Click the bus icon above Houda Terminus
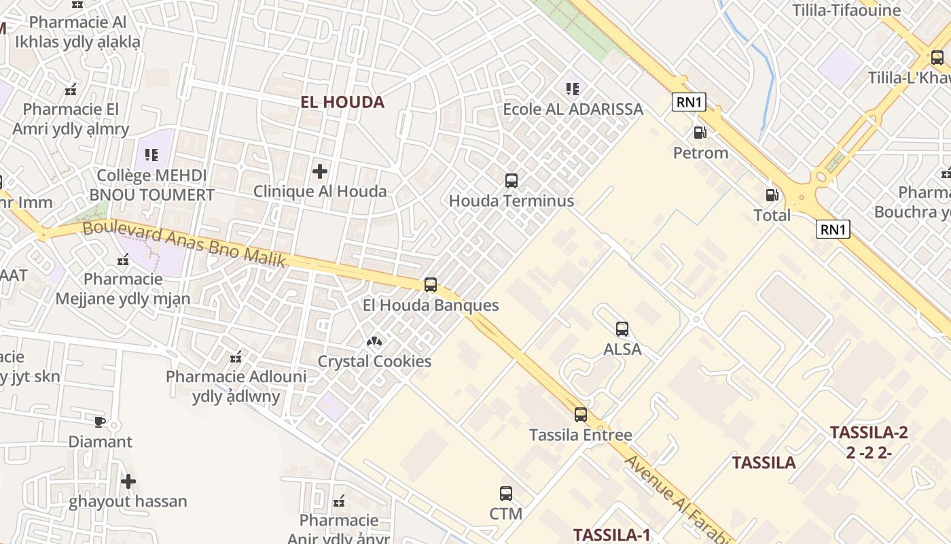click(x=512, y=181)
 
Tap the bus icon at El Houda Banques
click(x=431, y=285)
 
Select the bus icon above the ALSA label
click(x=622, y=329)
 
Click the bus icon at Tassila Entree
click(x=580, y=414)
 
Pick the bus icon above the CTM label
click(x=506, y=494)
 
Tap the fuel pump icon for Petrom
click(x=700, y=133)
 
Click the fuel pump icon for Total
click(x=772, y=196)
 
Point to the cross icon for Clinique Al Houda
click(x=320, y=171)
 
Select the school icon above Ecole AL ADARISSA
click(x=573, y=89)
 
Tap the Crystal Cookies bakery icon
click(x=374, y=341)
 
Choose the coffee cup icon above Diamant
click(x=100, y=422)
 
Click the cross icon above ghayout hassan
click(x=128, y=482)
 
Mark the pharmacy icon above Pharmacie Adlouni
click(x=236, y=357)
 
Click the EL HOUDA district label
click(x=342, y=103)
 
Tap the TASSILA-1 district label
click(x=611, y=535)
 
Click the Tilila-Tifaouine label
click(x=846, y=10)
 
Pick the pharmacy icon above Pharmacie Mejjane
click(x=123, y=260)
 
